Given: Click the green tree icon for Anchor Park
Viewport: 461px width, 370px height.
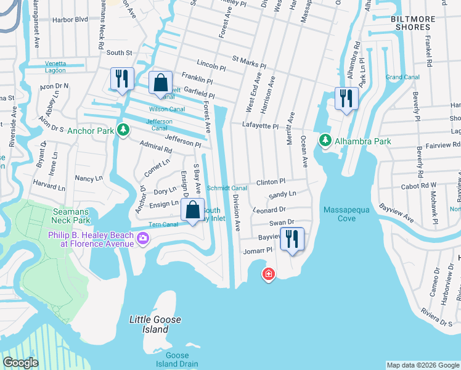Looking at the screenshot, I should (x=124, y=130).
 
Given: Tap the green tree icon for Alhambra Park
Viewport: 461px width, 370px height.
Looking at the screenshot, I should (x=325, y=141).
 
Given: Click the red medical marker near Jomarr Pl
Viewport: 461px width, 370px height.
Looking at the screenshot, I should (x=268, y=274).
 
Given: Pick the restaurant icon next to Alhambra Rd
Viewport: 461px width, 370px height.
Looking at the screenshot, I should (x=346, y=98).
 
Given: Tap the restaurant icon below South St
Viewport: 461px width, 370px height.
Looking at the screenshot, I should (x=121, y=78).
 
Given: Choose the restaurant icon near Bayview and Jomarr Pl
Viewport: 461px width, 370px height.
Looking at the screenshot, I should (x=291, y=238).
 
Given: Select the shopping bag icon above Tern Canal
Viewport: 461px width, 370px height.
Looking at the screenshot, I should (x=193, y=210).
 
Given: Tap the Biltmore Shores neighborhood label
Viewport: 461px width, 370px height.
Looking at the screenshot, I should (x=419, y=23).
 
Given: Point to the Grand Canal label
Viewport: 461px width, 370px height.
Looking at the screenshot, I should (x=402, y=77).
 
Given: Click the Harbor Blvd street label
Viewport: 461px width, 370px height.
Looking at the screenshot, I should (x=70, y=36).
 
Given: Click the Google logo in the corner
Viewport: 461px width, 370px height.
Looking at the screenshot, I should (x=21, y=363).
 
